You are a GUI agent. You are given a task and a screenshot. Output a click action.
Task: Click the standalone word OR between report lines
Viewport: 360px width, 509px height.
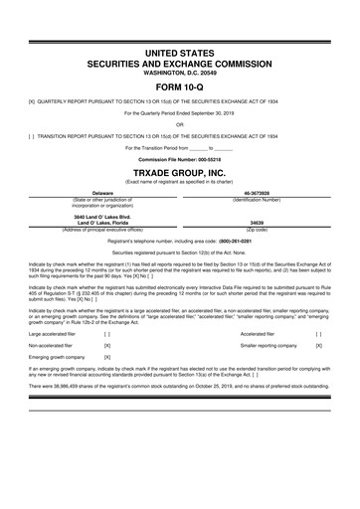179,125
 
